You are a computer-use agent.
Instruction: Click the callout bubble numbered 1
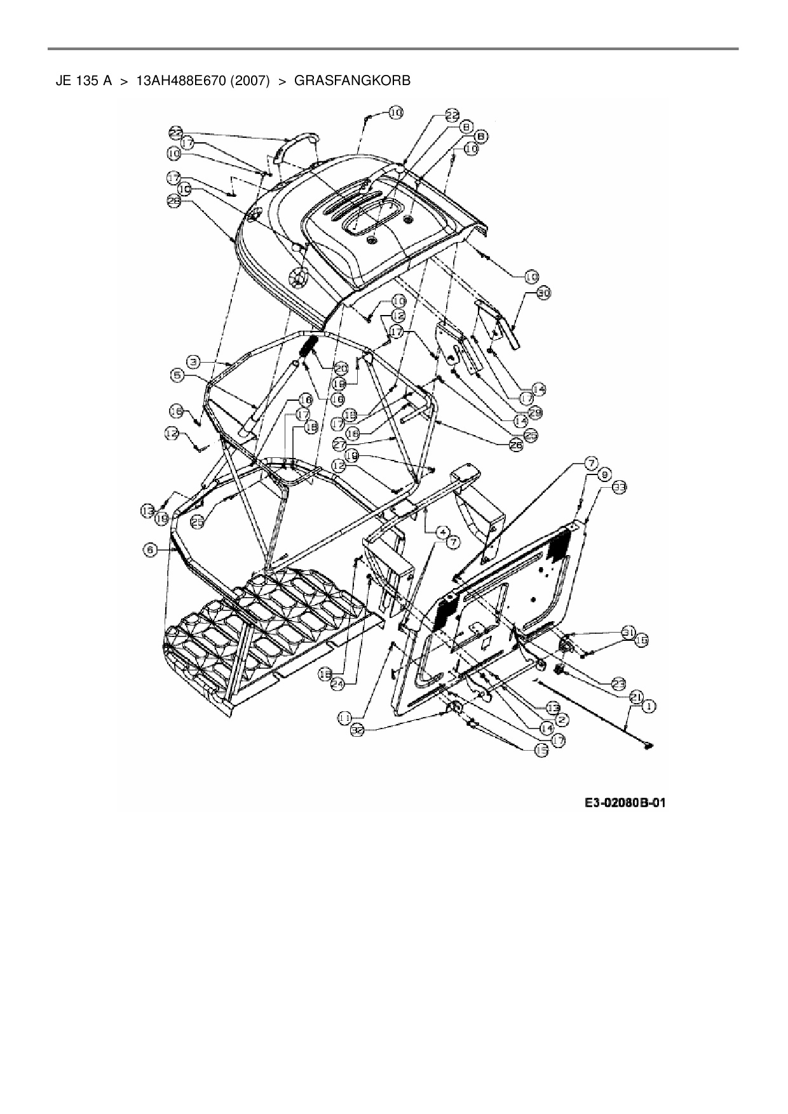(649, 706)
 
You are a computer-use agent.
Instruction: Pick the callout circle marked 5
(177, 375)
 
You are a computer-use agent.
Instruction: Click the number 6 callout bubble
(150, 551)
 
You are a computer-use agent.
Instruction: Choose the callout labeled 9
(603, 474)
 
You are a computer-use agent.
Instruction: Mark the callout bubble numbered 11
(344, 717)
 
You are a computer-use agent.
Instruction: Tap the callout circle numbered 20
(341, 369)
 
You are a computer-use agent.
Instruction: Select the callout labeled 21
(635, 697)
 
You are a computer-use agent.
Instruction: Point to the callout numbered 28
(173, 201)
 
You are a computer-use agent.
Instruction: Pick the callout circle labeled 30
(543, 293)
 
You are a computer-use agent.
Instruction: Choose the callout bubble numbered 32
(359, 731)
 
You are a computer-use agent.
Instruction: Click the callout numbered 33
(619, 487)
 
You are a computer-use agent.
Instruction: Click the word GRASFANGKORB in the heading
(353, 81)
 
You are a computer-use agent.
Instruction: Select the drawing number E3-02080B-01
(625, 803)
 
